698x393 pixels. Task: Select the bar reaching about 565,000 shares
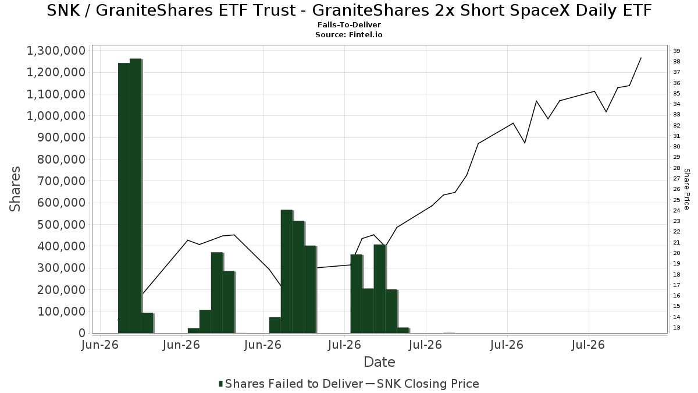coord(287,271)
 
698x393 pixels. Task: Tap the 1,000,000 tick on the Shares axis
coord(56,116)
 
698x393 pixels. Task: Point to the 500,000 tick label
coord(62,225)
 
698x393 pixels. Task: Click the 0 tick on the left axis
coord(82,333)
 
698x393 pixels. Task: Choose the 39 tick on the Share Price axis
coord(676,51)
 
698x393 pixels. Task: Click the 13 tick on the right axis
coord(676,327)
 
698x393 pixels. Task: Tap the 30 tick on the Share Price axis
coord(676,147)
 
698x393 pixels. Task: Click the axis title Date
coord(379,362)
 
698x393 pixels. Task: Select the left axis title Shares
coord(15,189)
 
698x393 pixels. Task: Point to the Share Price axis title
coord(686,189)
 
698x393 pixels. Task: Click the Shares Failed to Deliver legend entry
coord(291,384)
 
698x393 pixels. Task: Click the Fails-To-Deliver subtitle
coord(349,25)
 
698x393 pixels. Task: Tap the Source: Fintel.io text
coord(349,34)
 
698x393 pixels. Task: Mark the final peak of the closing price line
coord(640,58)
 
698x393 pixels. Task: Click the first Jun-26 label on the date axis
coord(100,345)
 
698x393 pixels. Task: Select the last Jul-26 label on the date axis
coord(589,345)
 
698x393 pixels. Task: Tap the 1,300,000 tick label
coord(56,51)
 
